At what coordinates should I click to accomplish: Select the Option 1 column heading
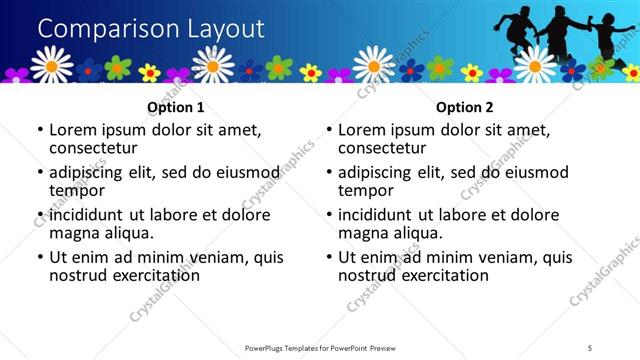tap(175, 107)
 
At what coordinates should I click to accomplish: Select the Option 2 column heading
tap(464, 107)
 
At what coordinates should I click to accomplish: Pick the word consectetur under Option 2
tap(380, 148)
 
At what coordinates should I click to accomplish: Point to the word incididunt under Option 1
tap(91, 215)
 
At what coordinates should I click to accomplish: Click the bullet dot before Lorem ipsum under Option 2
tap(329, 130)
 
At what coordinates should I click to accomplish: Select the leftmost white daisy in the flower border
tap(51, 65)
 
